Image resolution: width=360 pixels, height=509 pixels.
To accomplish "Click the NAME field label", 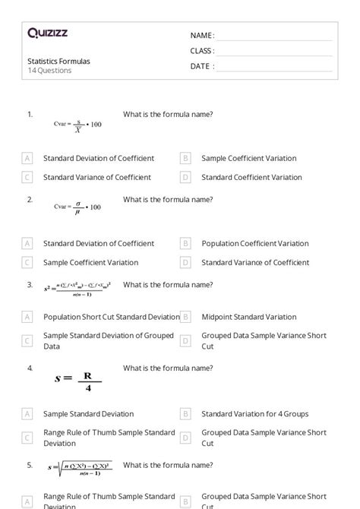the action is point(202,35).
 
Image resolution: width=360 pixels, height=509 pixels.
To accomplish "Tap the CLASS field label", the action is point(202,51).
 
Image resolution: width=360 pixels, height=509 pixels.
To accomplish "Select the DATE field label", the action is point(201,66).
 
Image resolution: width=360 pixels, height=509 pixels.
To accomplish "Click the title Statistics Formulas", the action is point(58,61).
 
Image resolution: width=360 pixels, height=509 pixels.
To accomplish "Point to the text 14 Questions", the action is point(49,71).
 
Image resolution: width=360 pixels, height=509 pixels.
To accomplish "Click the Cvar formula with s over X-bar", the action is point(77,125).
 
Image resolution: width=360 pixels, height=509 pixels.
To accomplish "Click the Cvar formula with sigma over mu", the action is point(77,208).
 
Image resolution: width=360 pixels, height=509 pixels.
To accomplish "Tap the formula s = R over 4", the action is point(77,379).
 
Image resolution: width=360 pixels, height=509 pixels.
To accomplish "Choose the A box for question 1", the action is point(27,159).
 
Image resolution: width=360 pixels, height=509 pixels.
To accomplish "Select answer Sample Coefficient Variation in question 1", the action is point(248,159).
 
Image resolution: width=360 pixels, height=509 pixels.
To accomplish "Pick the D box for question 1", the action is point(185,177).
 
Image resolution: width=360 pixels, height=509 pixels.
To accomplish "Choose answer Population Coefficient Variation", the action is point(254,244).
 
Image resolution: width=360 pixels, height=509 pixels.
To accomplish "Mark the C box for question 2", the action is point(27,262).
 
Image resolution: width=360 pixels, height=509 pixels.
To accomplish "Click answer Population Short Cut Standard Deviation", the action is point(111,317).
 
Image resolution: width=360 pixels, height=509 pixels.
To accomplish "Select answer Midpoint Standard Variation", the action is point(248,317).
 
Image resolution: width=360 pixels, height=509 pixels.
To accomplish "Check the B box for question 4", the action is point(185,414).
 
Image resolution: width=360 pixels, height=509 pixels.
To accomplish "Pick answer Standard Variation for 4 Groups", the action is point(254,414).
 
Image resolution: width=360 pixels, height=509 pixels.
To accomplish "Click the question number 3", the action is point(30,285).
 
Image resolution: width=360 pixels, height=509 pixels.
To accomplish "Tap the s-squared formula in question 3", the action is point(77,289).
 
